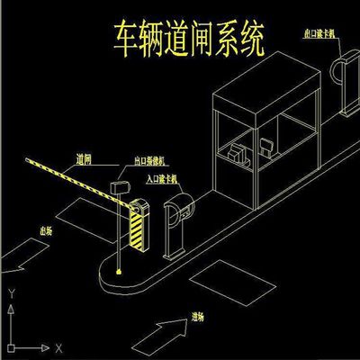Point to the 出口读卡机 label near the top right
(x=323, y=33)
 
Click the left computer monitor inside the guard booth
(x=238, y=152)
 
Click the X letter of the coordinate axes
(x=58, y=346)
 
